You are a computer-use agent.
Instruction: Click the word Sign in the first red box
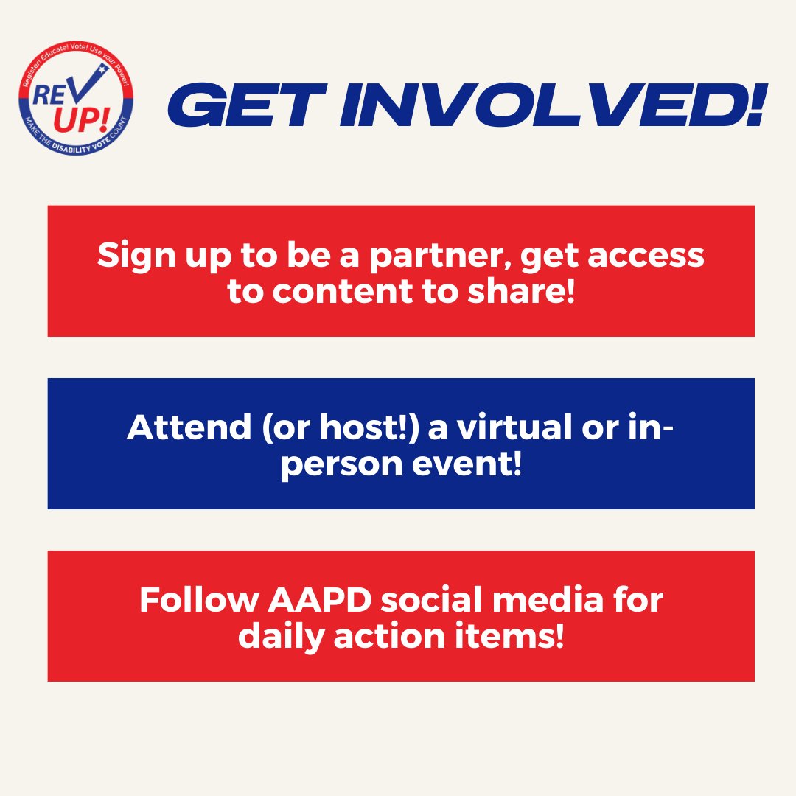click(128, 256)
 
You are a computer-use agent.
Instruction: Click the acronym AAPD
click(327, 601)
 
